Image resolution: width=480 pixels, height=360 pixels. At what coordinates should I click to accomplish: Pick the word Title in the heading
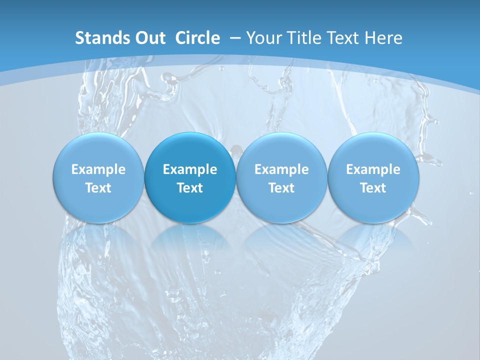(304, 38)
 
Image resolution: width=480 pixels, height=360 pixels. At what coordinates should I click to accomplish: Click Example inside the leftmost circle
(98, 169)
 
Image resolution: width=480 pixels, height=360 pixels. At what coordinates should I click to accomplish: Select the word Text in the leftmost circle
(98, 188)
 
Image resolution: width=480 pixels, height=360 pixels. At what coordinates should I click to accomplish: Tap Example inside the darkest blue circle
(190, 169)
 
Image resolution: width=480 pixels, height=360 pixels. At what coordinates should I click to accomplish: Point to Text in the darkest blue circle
(190, 188)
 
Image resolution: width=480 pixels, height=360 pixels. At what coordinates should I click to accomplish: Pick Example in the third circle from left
(281, 169)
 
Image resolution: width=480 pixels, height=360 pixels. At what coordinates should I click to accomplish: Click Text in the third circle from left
(281, 188)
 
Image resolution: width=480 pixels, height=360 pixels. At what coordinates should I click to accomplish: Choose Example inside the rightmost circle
(373, 169)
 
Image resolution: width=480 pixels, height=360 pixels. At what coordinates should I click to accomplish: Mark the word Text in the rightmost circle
(373, 188)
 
